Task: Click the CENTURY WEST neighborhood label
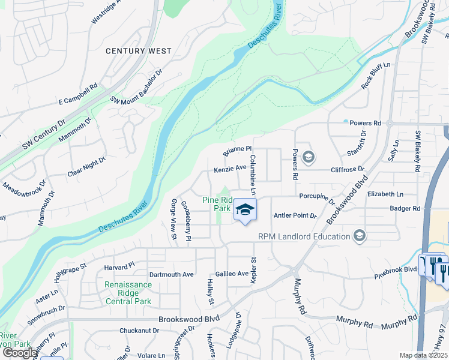[139, 52]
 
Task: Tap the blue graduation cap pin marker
[244, 210]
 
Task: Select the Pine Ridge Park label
[217, 204]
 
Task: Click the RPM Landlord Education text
[304, 236]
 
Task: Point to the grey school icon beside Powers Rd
[308, 158]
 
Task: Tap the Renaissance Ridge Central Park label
[127, 293]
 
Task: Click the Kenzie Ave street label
[231, 170]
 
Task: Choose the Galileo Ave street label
[232, 274]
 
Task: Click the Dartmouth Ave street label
[171, 274]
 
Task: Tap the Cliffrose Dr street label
[348, 170]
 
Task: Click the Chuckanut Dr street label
[139, 330]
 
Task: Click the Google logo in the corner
[20, 353]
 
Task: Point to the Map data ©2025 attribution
[424, 355]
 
